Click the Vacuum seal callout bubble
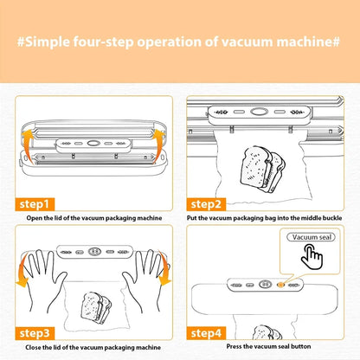(x=312, y=237)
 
